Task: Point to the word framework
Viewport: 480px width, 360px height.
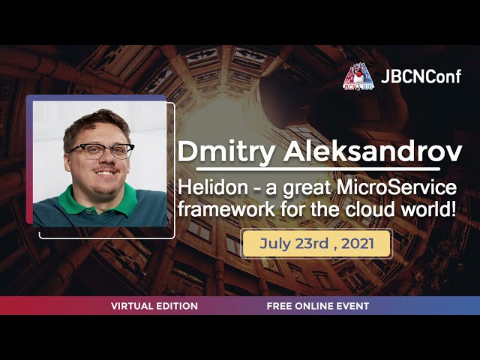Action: [217, 207]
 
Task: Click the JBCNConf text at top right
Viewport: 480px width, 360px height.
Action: [421, 76]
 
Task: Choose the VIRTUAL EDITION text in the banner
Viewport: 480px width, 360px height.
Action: [154, 306]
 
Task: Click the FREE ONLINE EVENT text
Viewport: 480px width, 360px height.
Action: [317, 306]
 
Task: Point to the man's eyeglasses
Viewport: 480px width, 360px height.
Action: [101, 151]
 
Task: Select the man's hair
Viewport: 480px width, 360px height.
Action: [94, 124]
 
